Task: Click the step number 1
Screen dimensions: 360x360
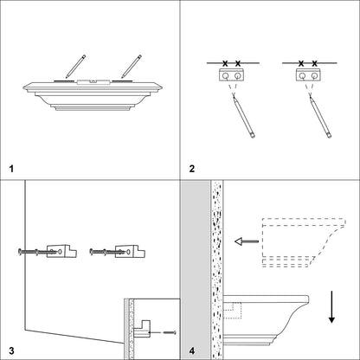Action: (x=11, y=169)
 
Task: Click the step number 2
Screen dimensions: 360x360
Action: (x=192, y=169)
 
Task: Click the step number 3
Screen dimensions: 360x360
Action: (x=11, y=350)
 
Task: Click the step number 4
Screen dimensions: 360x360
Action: (x=192, y=350)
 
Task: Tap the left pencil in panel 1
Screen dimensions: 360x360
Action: (x=75, y=67)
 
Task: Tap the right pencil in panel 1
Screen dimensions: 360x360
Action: (x=132, y=67)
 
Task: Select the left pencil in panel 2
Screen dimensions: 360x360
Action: (x=244, y=117)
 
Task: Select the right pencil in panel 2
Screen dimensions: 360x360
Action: (x=320, y=117)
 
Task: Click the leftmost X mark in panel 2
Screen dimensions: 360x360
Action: (x=225, y=63)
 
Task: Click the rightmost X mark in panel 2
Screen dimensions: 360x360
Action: (x=315, y=63)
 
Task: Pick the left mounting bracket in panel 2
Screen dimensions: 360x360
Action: (x=232, y=74)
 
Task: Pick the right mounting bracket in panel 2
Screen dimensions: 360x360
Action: (x=308, y=74)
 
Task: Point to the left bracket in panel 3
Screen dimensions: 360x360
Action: (x=61, y=251)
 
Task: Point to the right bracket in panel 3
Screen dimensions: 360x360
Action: (x=130, y=251)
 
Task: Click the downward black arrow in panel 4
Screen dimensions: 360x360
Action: (x=331, y=307)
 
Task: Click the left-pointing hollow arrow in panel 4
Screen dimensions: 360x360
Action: (x=247, y=241)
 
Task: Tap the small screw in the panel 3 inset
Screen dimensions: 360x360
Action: (x=170, y=332)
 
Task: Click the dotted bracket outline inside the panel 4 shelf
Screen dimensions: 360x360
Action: (x=233, y=311)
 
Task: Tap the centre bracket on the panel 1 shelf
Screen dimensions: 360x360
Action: (x=93, y=82)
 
